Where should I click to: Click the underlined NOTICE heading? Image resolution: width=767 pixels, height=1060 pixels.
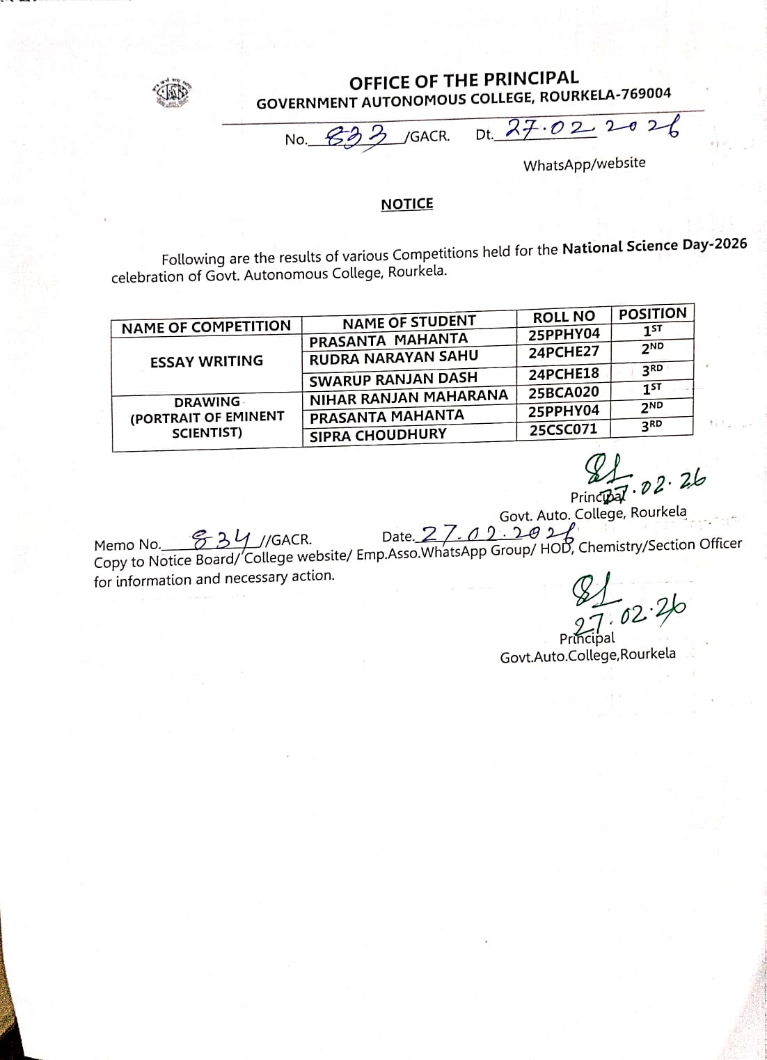click(x=406, y=204)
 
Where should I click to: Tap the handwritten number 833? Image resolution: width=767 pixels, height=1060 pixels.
click(x=356, y=136)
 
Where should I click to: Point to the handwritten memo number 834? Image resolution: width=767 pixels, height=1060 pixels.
click(x=221, y=538)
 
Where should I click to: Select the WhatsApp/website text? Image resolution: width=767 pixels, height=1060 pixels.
click(x=584, y=164)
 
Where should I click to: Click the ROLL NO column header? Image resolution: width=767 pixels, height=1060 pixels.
click(x=564, y=317)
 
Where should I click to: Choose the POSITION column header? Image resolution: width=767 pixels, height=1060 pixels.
click(x=652, y=314)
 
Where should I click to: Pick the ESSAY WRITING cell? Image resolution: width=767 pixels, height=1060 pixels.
click(x=207, y=361)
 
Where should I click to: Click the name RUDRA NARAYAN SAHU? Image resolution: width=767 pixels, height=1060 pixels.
click(x=394, y=358)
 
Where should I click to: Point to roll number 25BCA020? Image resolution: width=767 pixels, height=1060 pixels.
click(x=564, y=393)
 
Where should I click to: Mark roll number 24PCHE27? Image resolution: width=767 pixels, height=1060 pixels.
click(x=564, y=353)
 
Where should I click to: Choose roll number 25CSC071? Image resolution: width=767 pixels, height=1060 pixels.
click(x=563, y=429)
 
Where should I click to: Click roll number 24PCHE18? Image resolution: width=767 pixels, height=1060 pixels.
click(x=564, y=374)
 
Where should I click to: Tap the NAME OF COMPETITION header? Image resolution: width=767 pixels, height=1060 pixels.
click(x=206, y=327)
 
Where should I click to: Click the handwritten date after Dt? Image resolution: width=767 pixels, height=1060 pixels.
click(x=591, y=129)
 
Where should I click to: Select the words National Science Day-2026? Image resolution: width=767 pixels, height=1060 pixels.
click(x=654, y=246)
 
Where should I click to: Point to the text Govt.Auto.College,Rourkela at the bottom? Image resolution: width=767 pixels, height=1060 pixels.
click(x=587, y=655)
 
